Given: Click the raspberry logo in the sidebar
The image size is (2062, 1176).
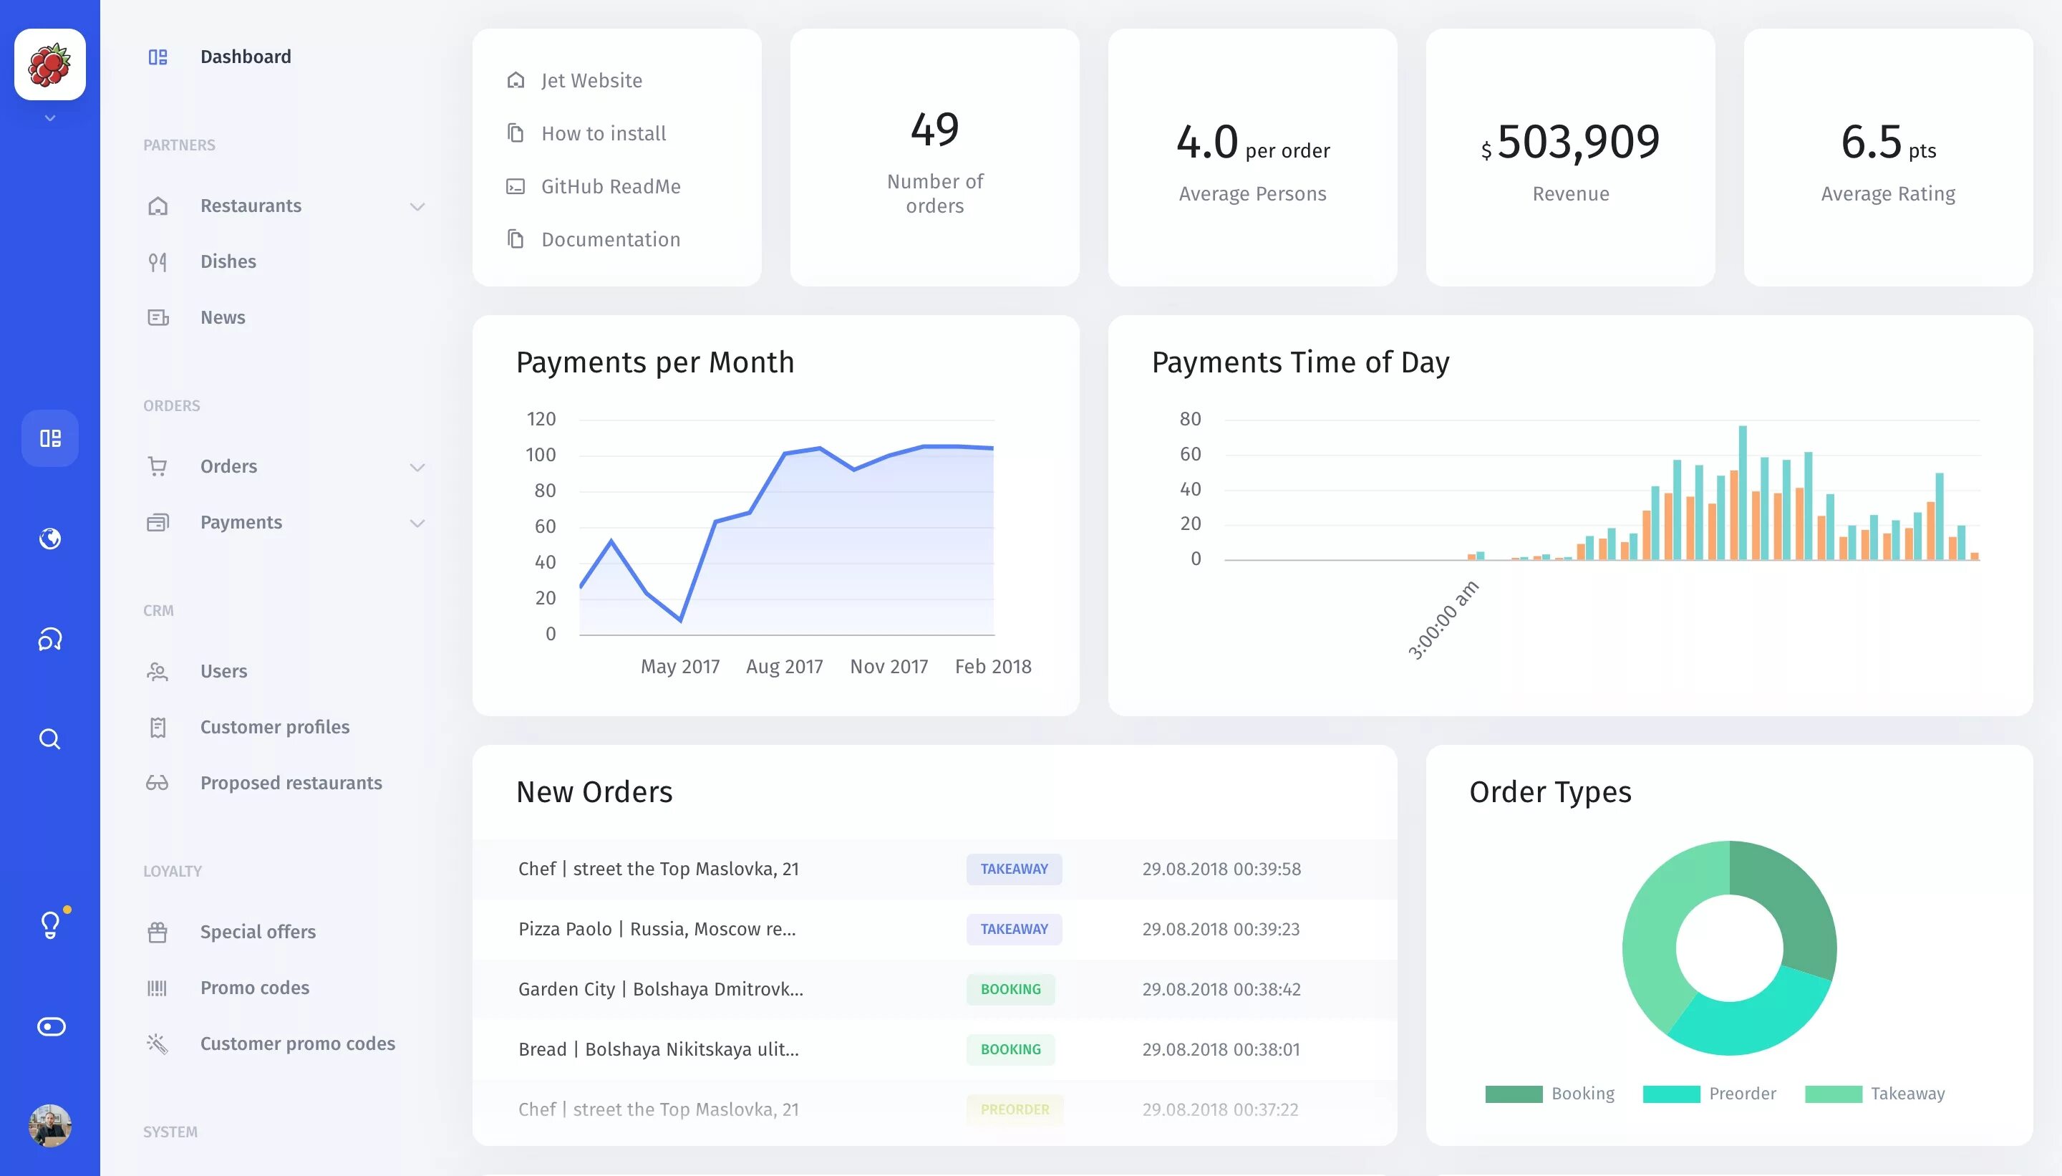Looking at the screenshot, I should tap(50, 64).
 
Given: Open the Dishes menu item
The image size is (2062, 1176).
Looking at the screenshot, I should tap(228, 261).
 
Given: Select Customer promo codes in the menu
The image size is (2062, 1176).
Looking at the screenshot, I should tap(297, 1044).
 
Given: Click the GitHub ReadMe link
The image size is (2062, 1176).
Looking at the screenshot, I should tap(610, 187).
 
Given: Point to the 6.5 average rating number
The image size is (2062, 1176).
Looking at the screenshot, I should tap(1871, 142).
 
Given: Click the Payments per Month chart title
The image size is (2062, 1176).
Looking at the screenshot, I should tap(655, 362).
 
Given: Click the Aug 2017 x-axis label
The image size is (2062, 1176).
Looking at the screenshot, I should tap(784, 666).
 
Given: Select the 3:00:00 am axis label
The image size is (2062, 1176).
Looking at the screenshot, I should tap(1443, 620).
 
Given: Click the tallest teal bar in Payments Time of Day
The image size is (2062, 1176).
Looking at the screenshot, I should tap(1742, 491).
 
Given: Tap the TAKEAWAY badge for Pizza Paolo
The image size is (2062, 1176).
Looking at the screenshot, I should tap(1013, 929).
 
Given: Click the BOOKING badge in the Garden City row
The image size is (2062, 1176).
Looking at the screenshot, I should tap(1010, 989).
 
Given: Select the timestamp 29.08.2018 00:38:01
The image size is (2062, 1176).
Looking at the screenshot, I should tap(1221, 1049).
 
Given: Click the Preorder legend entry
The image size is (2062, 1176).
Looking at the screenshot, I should tap(1741, 1094).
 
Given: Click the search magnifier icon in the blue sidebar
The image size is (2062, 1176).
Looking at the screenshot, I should tap(50, 739).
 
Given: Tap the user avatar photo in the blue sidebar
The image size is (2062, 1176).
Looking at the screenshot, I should tap(50, 1125).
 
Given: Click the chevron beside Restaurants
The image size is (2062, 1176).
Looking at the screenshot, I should tap(417, 207).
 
